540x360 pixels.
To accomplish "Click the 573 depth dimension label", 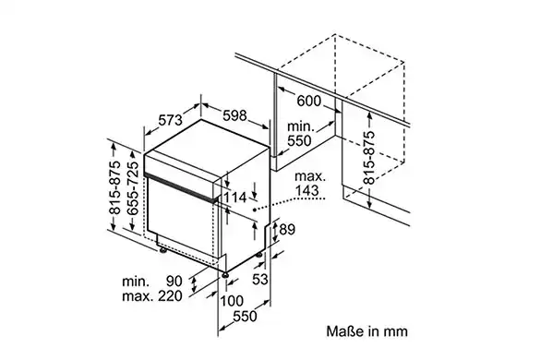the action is [170, 120].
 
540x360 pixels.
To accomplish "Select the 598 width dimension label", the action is [234, 115].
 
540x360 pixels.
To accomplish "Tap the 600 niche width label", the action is [308, 101].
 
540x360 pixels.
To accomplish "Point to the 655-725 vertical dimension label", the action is [133, 187].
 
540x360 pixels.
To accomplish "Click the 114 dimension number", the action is [235, 198].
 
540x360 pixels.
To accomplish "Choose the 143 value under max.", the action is [306, 190].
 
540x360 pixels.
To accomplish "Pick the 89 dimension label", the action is [287, 229].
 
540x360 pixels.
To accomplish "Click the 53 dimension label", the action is [260, 279].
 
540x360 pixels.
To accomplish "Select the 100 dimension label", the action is [232, 301].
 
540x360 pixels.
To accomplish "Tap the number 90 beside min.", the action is [174, 282].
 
